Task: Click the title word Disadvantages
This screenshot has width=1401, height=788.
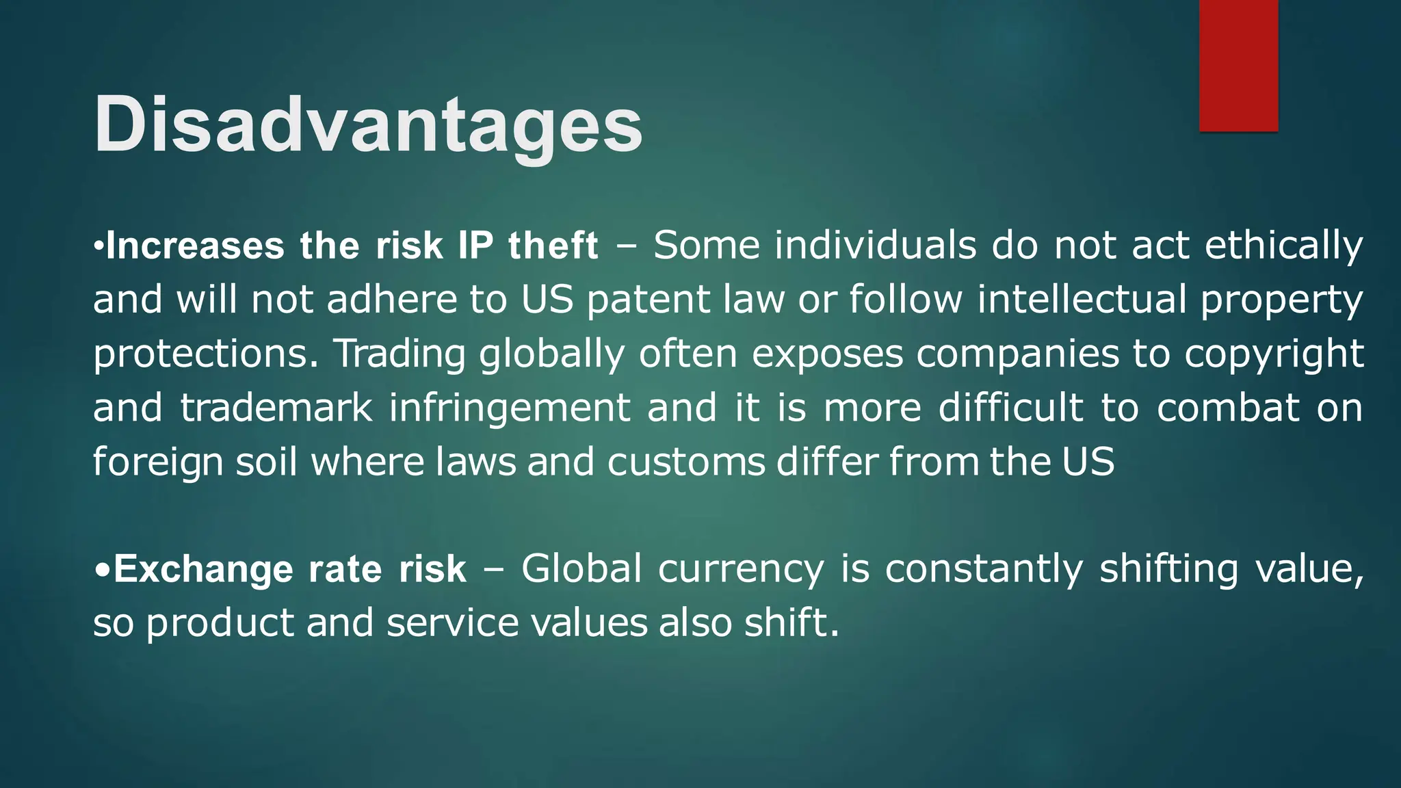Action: [x=368, y=125]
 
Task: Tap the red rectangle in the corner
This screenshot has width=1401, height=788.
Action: [x=1238, y=65]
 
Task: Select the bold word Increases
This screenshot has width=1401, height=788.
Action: [x=195, y=246]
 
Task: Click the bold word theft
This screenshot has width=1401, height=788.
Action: [x=553, y=246]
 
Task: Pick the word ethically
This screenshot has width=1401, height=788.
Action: [x=1283, y=247]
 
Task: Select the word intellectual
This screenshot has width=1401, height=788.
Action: [x=1082, y=300]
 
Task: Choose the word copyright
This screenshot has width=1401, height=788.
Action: [x=1274, y=354]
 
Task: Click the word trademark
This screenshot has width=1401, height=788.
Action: [x=276, y=408]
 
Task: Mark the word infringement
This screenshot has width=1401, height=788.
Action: [x=510, y=409]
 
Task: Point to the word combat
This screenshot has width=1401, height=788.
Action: [x=1228, y=408]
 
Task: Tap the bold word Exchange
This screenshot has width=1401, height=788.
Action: [x=203, y=570]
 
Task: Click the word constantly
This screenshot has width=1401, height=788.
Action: [x=984, y=569]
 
